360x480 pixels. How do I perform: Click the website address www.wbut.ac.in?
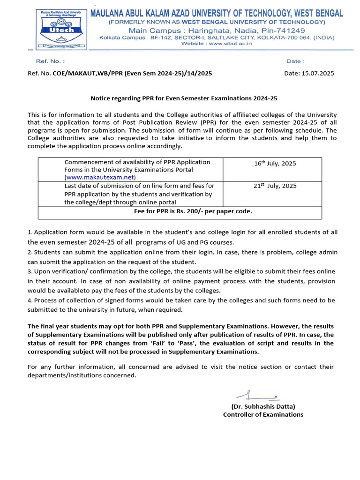pos(230,43)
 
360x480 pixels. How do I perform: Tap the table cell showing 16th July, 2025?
pos(275,164)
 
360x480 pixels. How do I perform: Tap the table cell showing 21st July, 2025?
pos(275,186)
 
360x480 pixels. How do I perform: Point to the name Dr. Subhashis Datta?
pos(263,406)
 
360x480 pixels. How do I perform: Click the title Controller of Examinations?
pos(263,414)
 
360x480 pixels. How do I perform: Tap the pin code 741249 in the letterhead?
pos(291,30)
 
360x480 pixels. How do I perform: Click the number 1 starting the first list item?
pos(30,232)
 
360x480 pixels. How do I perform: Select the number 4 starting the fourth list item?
pos(30,300)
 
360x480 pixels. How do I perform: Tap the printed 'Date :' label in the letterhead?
pos(295,61)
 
